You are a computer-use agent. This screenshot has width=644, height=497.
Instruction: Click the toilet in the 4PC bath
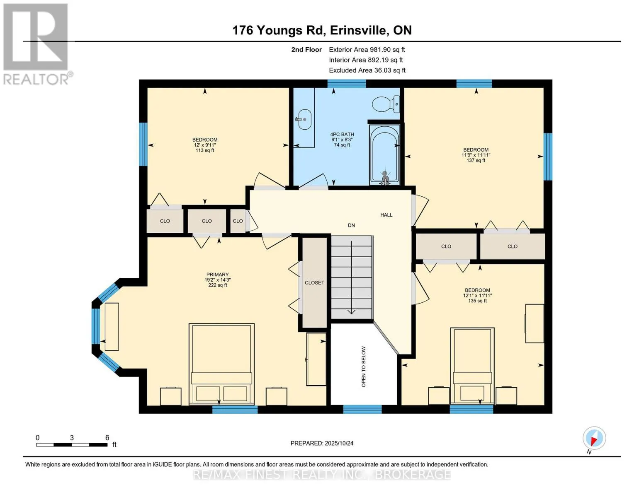[x=386, y=104]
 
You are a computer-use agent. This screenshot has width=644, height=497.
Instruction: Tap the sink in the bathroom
[x=304, y=119]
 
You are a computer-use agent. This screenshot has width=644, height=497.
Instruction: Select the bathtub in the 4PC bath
[x=384, y=154]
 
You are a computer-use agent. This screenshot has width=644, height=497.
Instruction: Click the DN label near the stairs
[x=351, y=225]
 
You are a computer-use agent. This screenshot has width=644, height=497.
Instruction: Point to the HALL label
[x=386, y=215]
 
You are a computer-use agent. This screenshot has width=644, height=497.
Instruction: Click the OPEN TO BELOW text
[x=363, y=367]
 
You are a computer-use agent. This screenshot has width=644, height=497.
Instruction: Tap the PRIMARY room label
[x=218, y=275]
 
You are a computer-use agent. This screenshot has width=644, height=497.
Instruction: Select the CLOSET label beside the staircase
[x=314, y=283]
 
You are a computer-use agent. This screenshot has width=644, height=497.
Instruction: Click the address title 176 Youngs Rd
[x=279, y=30]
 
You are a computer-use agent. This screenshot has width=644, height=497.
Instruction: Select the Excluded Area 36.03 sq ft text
[x=367, y=70]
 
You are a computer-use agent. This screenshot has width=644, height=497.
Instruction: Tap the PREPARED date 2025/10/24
[x=322, y=443]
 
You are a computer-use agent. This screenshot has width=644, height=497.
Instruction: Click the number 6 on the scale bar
[x=107, y=437]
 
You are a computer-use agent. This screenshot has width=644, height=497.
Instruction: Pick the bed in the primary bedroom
[x=221, y=364]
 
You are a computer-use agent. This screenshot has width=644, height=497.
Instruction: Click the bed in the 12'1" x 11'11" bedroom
[x=472, y=366]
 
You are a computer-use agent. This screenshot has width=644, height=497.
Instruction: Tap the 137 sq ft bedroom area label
[x=476, y=160]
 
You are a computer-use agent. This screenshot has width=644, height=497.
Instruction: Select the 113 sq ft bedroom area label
[x=205, y=150]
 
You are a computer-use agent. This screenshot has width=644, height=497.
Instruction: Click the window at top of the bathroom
[x=346, y=84]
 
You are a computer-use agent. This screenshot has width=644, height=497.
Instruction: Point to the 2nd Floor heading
[x=306, y=50]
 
